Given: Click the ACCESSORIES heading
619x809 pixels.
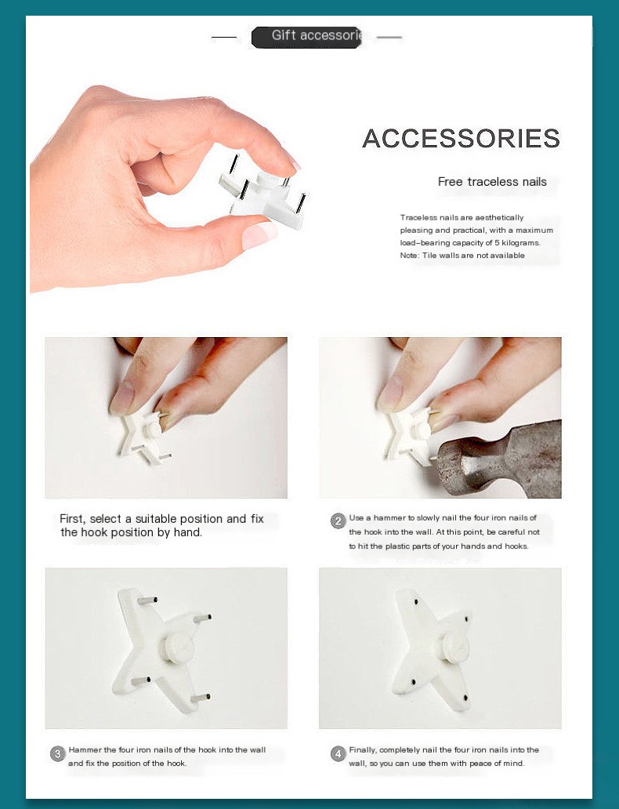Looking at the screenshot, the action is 462,138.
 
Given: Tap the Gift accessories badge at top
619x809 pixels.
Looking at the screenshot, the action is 306,37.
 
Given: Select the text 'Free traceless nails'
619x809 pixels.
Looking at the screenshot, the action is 492,182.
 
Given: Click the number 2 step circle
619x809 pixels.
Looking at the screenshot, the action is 338,521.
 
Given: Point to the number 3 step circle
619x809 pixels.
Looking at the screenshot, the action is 57,753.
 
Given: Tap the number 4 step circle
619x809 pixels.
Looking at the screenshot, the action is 338,753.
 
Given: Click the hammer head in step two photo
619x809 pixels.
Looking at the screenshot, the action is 498,459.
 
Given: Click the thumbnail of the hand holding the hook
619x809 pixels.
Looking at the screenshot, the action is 165,189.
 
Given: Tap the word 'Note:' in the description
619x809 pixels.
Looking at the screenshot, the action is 410,256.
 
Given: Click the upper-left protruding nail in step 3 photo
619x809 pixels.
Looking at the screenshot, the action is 147,600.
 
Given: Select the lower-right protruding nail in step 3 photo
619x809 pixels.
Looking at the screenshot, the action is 201,698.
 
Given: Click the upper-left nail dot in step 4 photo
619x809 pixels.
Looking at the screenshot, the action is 416,601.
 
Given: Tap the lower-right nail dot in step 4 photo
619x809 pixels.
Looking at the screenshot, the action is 465,698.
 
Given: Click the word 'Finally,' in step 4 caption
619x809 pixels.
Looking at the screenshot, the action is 363,750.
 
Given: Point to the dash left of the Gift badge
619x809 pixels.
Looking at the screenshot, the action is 224,37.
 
